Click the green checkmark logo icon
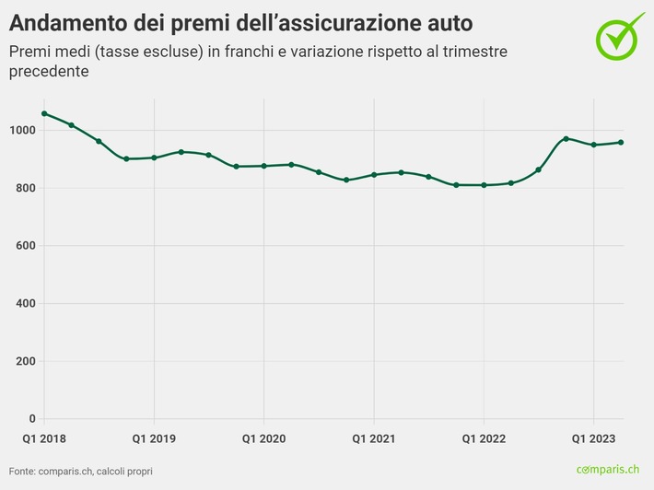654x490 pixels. (x=622, y=36)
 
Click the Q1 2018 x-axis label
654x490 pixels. (x=44, y=438)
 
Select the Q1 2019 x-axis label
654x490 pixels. (x=154, y=438)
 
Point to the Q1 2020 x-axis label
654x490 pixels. (x=263, y=438)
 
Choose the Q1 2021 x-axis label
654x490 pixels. (x=373, y=438)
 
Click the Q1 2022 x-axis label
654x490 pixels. (x=483, y=438)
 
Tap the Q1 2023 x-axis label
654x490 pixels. (x=592, y=438)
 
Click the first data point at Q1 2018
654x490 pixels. (x=44, y=113)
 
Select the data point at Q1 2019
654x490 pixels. (x=154, y=157)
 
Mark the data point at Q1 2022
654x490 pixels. (x=484, y=185)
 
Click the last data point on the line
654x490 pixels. (x=621, y=142)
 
